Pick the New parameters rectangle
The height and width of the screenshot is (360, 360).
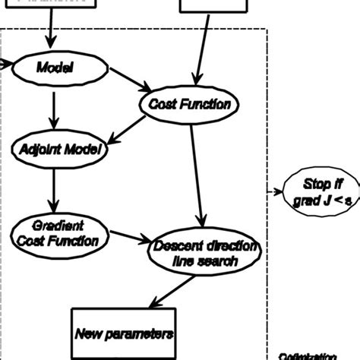[124, 333]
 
